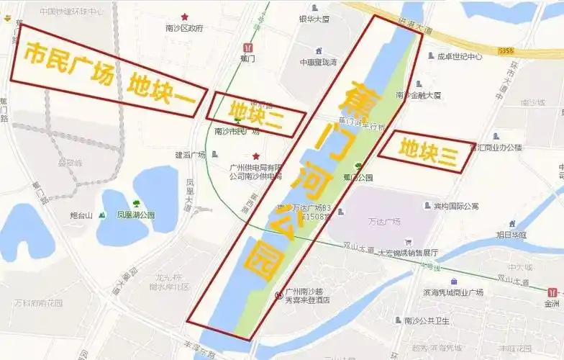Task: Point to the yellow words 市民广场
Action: coord(70,63)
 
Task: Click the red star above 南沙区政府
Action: coord(185,17)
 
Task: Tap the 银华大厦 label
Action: coord(314,19)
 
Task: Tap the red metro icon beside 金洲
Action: coord(552,293)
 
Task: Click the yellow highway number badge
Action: coord(507,50)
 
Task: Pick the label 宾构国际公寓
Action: coord(455,207)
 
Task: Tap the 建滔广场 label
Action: coord(190,155)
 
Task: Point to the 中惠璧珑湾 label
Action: coord(318,63)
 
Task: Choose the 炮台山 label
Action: coord(83,215)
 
